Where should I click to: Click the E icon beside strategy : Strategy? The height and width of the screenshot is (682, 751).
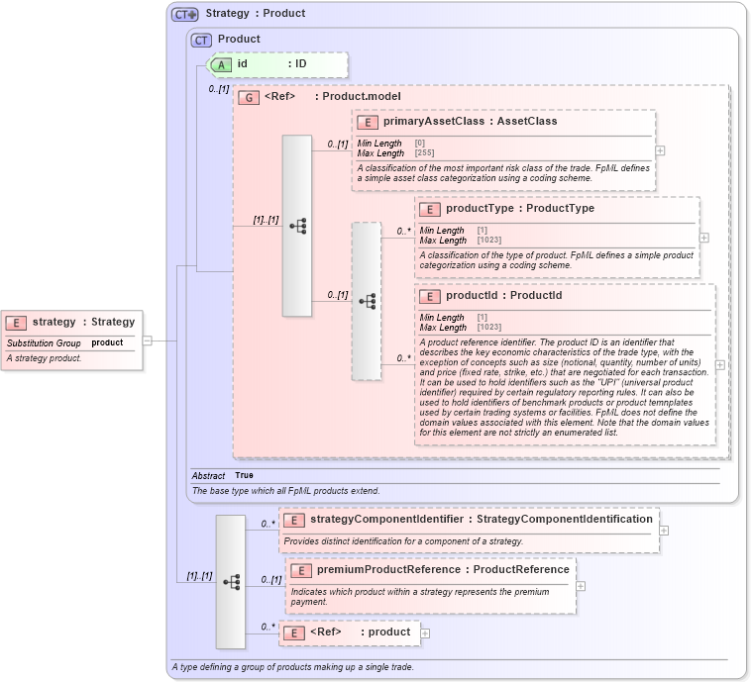pyautogui.click(x=16, y=322)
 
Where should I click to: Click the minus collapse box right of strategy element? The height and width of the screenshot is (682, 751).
pyautogui.click(x=147, y=340)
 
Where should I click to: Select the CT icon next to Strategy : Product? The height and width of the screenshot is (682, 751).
pyautogui.click(x=185, y=14)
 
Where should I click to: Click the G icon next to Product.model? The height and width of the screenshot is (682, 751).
pyautogui.click(x=249, y=97)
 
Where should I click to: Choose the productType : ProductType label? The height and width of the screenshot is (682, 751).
pyautogui.click(x=519, y=209)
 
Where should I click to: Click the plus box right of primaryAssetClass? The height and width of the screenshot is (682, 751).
pyautogui.click(x=660, y=150)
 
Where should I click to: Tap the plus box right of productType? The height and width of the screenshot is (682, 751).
pyautogui.click(x=704, y=238)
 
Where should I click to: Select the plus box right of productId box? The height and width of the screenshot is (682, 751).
pyautogui.click(x=719, y=364)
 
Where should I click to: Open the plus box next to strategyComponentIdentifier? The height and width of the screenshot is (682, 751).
pyautogui.click(x=664, y=530)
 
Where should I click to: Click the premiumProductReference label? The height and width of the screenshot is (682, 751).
pyautogui.click(x=390, y=569)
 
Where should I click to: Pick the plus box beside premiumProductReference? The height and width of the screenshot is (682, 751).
pyautogui.click(x=581, y=585)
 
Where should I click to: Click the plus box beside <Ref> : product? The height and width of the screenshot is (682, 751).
pyautogui.click(x=425, y=633)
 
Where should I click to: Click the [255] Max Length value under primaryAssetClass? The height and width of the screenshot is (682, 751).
pyautogui.click(x=424, y=153)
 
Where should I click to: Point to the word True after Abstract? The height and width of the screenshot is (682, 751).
pyautogui.click(x=244, y=475)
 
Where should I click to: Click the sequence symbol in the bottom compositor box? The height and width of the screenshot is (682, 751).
pyautogui.click(x=231, y=582)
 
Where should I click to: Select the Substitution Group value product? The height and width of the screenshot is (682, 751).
pyautogui.click(x=107, y=342)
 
